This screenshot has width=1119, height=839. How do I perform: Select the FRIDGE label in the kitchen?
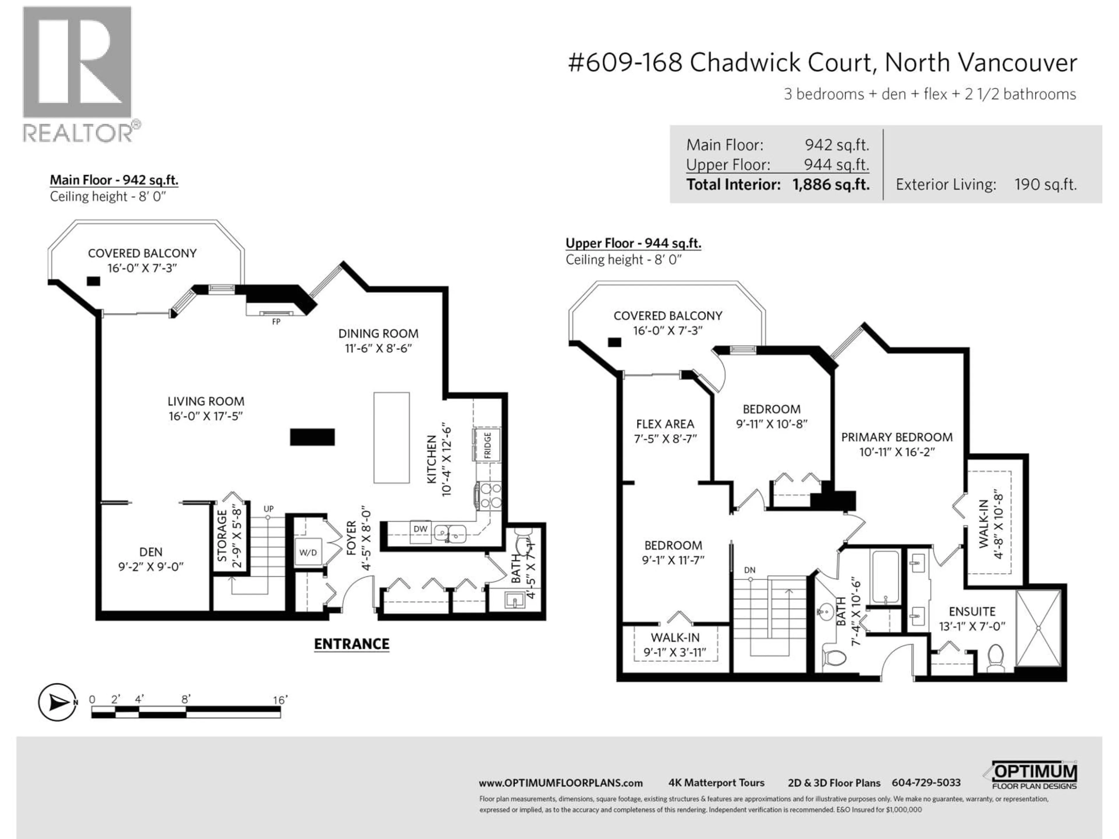(487, 445)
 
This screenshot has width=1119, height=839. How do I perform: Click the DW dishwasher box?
(420, 529)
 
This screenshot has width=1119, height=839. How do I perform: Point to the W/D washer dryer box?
(307, 552)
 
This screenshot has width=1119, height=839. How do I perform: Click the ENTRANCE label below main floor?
(352, 644)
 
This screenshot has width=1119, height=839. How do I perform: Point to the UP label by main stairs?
(269, 509)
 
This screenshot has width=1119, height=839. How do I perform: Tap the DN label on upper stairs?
(750, 570)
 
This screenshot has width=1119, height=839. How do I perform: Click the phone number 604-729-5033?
(926, 783)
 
